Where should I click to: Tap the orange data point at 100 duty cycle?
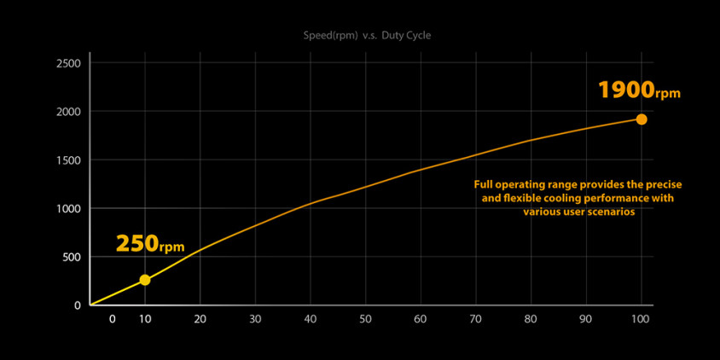[642, 119]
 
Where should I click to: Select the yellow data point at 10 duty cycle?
[145, 280]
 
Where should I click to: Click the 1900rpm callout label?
[639, 90]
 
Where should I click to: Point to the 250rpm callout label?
[150, 244]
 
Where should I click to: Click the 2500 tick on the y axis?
[68, 64]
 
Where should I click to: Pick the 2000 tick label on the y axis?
[68, 112]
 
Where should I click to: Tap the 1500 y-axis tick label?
[68, 160]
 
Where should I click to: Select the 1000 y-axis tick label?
[68, 209]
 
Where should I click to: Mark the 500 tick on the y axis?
[72, 257]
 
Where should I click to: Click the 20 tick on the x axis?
[200, 319]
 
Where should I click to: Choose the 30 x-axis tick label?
[255, 319]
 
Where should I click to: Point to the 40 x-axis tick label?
[311, 319]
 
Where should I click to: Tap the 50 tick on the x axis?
[365, 319]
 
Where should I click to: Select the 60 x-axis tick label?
[421, 319]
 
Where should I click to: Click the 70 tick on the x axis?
[476, 319]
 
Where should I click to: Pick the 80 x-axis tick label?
[531, 319]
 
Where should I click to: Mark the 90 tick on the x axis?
[586, 319]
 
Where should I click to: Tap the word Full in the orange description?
[484, 184]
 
